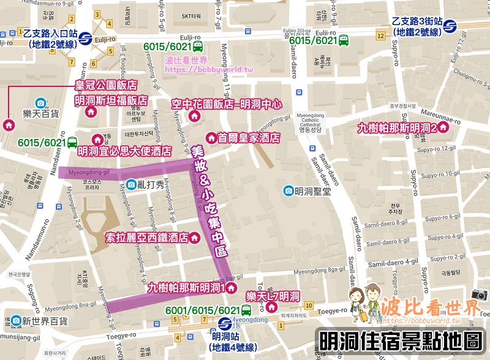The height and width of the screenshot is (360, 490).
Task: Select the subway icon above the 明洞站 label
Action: [224, 323]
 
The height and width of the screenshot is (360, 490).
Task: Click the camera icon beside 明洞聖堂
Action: [288, 191]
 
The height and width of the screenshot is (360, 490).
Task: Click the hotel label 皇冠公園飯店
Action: [105, 85]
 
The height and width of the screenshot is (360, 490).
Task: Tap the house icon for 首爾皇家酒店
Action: [211, 138]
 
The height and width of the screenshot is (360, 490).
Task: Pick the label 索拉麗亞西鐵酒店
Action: [147, 237]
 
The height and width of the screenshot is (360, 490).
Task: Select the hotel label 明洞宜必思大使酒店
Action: [124, 151]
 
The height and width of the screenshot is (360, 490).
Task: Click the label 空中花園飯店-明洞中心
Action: [227, 104]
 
